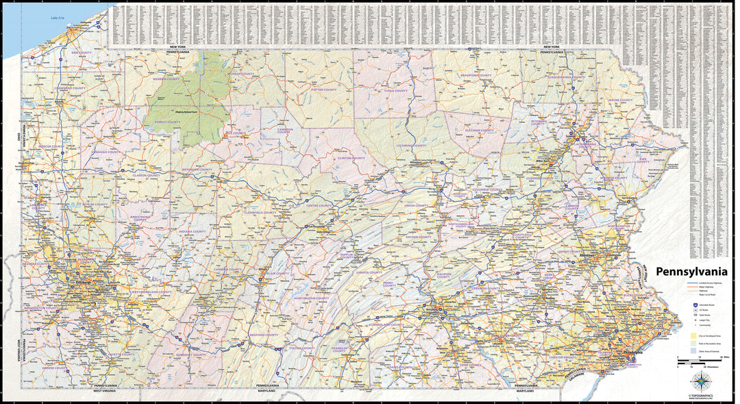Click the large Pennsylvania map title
tap(691, 272)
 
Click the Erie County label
tap(81, 52)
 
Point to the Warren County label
tap(166, 79)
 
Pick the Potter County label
tap(323, 90)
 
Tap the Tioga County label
tap(395, 91)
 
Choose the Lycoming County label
tap(411, 145)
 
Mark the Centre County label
tap(319, 205)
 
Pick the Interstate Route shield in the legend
tap(693, 301)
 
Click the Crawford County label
tap(71, 88)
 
